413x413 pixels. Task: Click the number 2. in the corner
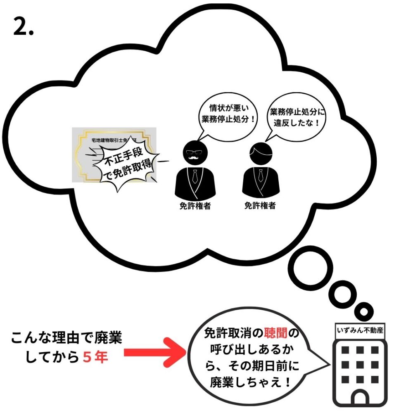click(23, 27)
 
